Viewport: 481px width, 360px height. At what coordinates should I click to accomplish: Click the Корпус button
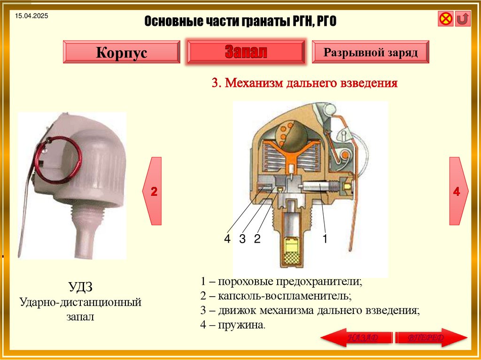pyautogui.click(x=121, y=52)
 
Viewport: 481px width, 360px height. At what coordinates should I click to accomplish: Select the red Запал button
pyautogui.click(x=246, y=52)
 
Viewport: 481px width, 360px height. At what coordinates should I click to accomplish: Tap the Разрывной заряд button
pyautogui.click(x=371, y=52)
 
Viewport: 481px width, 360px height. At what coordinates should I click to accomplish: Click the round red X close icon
pyautogui.click(x=445, y=19)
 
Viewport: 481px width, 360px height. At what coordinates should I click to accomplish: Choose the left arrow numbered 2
pyautogui.click(x=153, y=191)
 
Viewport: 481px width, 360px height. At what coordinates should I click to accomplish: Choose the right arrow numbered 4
pyautogui.click(x=457, y=191)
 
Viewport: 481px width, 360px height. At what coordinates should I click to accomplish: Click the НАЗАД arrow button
pyautogui.click(x=356, y=338)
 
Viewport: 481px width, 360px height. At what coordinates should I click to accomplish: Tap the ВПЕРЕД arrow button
pyautogui.click(x=431, y=338)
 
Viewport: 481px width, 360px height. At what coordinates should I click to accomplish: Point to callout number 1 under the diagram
pyautogui.click(x=324, y=238)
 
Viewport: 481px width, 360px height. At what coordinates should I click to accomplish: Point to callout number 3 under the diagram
pyautogui.click(x=242, y=239)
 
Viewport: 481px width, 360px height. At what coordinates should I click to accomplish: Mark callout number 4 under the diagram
pyautogui.click(x=227, y=239)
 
